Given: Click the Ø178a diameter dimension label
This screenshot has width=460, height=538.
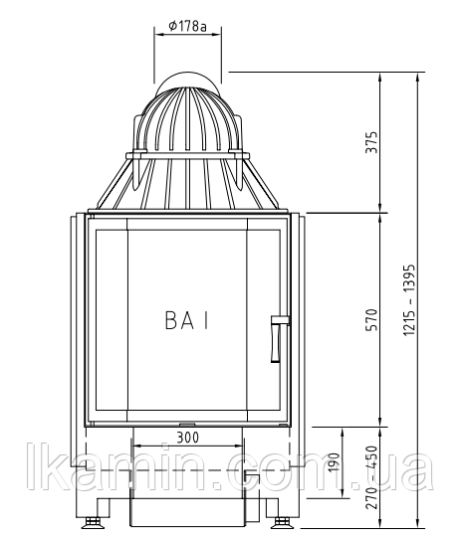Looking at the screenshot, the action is click(187, 26).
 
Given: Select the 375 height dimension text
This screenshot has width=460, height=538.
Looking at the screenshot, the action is click(371, 142).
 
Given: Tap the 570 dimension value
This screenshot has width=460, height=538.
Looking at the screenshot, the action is click(371, 320).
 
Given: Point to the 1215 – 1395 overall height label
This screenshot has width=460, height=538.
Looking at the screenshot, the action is click(409, 300).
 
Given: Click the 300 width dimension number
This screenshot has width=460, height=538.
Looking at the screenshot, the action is click(187, 438).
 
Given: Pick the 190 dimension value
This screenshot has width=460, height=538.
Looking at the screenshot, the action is click(334, 462).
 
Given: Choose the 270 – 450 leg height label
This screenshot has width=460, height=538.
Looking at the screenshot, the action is click(371, 477).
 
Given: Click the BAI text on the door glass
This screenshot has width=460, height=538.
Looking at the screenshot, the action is click(187, 320).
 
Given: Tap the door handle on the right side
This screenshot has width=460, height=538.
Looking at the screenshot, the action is click(278, 339).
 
